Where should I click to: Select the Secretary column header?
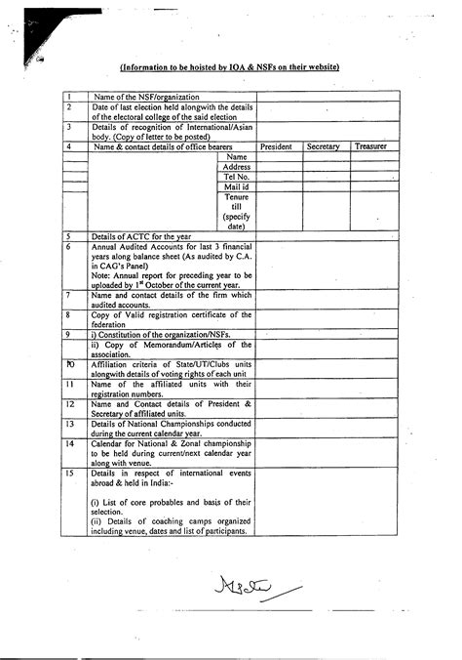pyautogui.click(x=323, y=146)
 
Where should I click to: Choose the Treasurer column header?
pyautogui.click(x=370, y=146)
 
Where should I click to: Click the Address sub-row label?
pyautogui.click(x=237, y=167)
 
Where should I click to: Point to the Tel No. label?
pyautogui.click(x=237, y=177)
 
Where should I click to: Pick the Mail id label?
pyautogui.click(x=237, y=186)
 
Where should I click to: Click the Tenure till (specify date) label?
pyautogui.click(x=237, y=212)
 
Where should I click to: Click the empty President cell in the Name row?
pyautogui.click(x=279, y=156)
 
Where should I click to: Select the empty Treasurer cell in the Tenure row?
pyautogui.click(x=371, y=212)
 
